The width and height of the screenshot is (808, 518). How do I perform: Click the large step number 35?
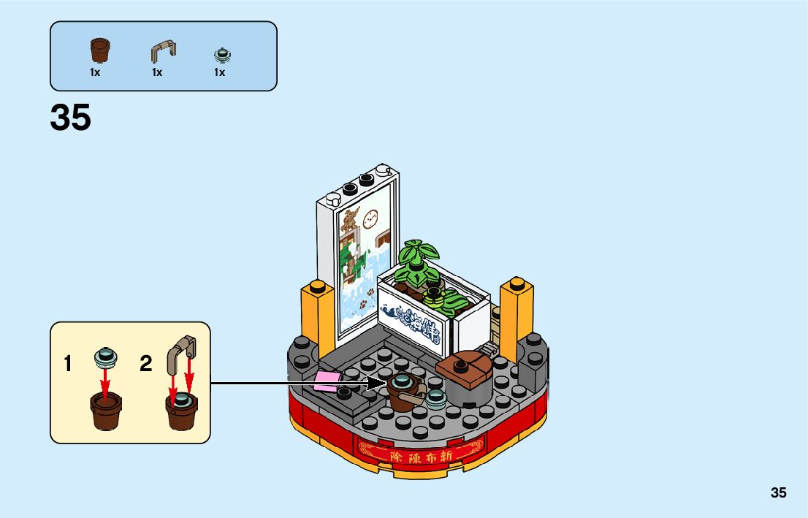[71, 118]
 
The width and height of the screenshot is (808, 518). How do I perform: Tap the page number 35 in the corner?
[778, 492]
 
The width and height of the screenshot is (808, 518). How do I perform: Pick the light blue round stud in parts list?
[220, 54]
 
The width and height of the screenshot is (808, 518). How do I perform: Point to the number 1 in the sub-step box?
[68, 364]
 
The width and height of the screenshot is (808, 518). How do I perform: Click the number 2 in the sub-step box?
[146, 364]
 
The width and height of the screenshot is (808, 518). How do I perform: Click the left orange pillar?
[316, 314]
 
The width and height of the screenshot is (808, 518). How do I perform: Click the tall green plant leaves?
[416, 259]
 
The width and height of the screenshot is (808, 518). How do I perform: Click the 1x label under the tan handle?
[157, 73]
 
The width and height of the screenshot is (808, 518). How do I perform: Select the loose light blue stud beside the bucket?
[437, 397]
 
